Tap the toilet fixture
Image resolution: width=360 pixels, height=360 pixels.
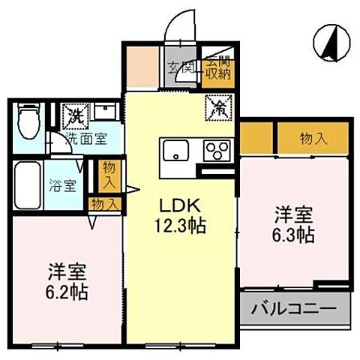click(x=26, y=120)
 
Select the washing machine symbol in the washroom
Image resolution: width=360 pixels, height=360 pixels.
click(x=76, y=116)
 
